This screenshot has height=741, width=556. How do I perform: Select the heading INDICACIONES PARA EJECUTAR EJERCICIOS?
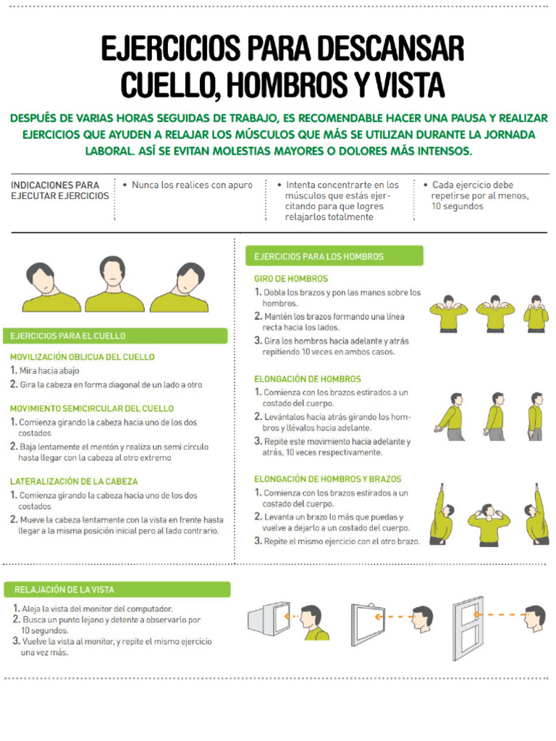point(59,190)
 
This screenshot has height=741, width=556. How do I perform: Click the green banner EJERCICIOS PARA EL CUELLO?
point(115,336)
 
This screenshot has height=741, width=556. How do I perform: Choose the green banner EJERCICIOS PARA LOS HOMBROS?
point(334,256)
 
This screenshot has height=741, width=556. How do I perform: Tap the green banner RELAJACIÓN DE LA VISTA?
point(117,590)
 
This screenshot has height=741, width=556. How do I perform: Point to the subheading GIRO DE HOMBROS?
point(291,279)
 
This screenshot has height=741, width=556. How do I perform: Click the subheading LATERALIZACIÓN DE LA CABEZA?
point(74,481)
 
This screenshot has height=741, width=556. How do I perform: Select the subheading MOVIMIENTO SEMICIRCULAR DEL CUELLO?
point(92,408)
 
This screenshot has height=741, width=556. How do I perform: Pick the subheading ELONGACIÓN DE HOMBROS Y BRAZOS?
point(328,479)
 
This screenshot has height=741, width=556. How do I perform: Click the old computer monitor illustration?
point(269,618)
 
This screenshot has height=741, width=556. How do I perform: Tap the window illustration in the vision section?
point(468,629)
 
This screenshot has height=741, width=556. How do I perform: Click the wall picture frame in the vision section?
point(368,624)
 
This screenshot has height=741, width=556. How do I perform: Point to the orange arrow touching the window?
point(499,615)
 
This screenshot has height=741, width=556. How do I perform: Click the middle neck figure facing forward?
point(114,284)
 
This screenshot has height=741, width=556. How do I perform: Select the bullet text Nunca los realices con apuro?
point(192,185)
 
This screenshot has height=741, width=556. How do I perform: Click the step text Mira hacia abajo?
point(49,371)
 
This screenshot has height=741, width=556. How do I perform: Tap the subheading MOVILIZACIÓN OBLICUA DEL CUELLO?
point(83,357)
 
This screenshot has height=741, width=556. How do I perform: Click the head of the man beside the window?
point(536,618)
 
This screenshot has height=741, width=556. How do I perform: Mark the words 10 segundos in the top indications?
point(458,206)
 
